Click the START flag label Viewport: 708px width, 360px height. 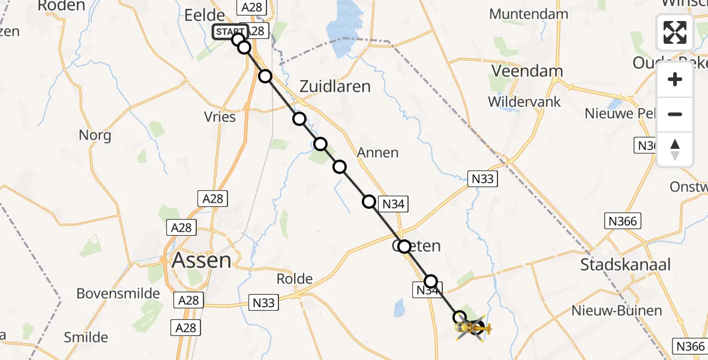click(x=230, y=32)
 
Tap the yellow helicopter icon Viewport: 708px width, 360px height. click(x=473, y=328)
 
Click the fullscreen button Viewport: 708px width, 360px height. click(x=675, y=32)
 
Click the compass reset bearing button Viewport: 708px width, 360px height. click(x=675, y=149)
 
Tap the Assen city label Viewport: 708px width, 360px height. click(x=201, y=260)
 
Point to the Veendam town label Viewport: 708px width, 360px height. click(x=527, y=71)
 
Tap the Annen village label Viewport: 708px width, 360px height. click(x=377, y=152)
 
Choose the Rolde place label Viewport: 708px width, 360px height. click(x=295, y=279)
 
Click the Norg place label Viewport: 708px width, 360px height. click(x=95, y=135)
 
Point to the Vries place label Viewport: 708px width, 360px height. click(x=220, y=117)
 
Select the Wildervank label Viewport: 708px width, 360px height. click(x=524, y=101)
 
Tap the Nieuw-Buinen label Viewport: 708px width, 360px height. click(x=617, y=311)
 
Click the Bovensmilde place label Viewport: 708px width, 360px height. click(x=118, y=294)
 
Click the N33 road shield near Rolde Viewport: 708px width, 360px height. click(x=263, y=302)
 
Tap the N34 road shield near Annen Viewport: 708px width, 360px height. click(x=393, y=204)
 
